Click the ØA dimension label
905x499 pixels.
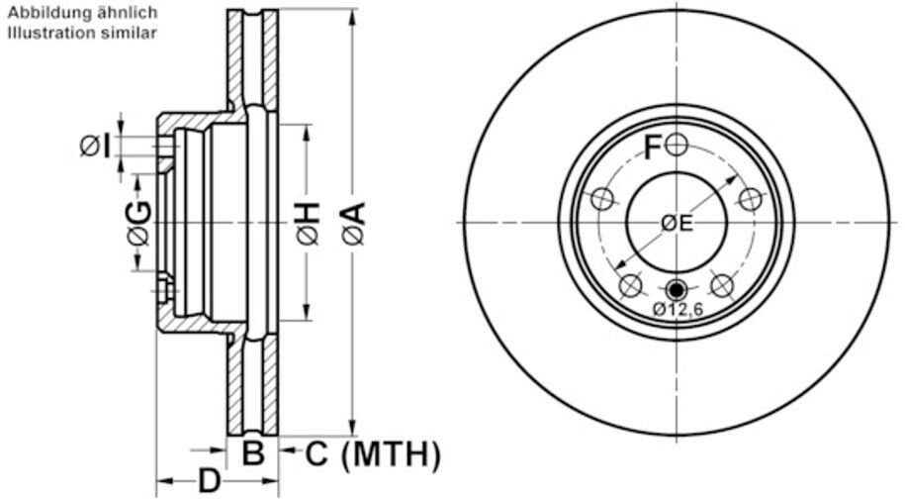pyautogui.click(x=354, y=223)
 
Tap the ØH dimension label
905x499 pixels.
pyautogui.click(x=309, y=223)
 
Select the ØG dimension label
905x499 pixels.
pyautogui.click(x=139, y=224)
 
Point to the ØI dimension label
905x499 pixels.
pyautogui.click(x=95, y=146)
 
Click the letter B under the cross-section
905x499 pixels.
pyautogui.click(x=253, y=453)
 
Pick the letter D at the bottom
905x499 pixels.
pyautogui.click(x=210, y=480)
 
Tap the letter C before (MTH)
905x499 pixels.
pyautogui.click(x=317, y=453)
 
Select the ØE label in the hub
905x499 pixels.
pyautogui.click(x=677, y=223)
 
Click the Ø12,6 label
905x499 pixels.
pyautogui.click(x=679, y=310)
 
